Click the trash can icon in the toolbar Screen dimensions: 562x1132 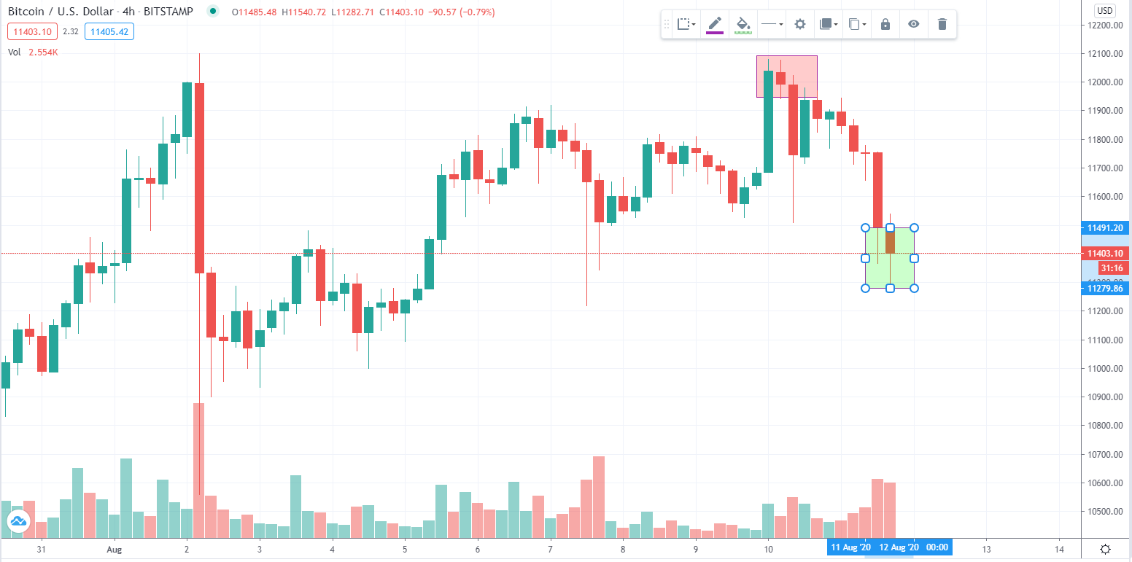click(942, 24)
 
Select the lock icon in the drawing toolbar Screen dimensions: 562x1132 click(885, 24)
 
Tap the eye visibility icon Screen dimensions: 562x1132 click(913, 24)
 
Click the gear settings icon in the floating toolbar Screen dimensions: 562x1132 click(800, 24)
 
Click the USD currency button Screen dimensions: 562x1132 click(1105, 10)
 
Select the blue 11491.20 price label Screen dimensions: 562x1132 click(1104, 228)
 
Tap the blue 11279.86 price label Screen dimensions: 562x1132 click(1104, 289)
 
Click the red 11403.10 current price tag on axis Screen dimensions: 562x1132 click(1104, 254)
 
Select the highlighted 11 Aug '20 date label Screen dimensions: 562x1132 click(850, 547)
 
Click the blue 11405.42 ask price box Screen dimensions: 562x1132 click(109, 32)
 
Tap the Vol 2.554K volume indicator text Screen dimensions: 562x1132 click(33, 52)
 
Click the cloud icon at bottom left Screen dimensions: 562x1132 click(18, 520)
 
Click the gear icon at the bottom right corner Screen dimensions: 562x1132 click(1105, 550)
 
